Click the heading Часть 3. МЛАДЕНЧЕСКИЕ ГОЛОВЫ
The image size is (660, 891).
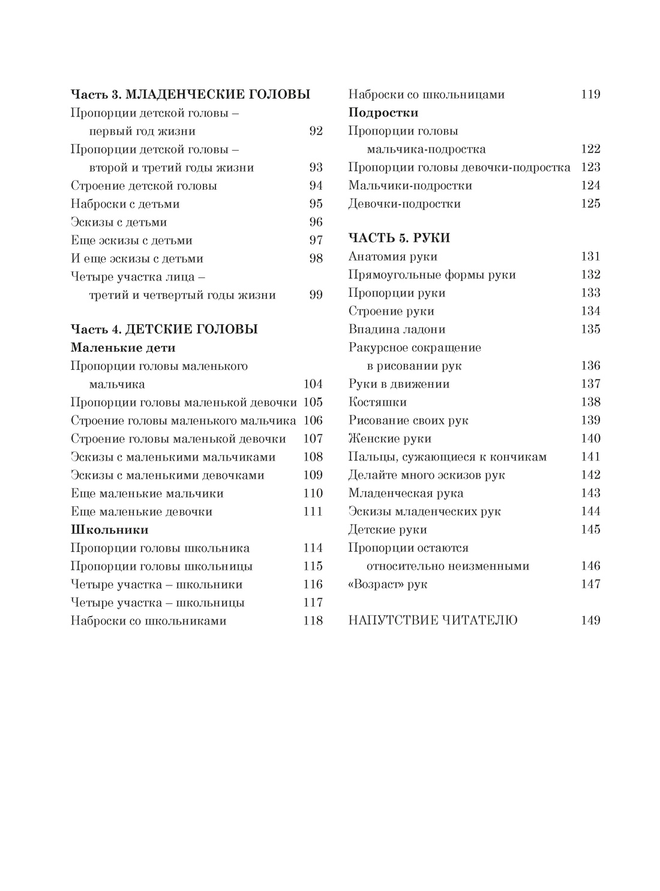click(190, 94)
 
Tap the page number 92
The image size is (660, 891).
click(316, 131)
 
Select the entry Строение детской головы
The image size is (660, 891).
click(143, 186)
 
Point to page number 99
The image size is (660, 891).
click(316, 295)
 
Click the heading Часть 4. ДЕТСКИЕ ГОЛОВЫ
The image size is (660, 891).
click(164, 329)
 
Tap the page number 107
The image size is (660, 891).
click(313, 439)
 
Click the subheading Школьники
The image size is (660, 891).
click(110, 530)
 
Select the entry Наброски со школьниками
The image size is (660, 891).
click(148, 621)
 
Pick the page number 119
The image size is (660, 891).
click(590, 94)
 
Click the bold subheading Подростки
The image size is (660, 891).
click(383, 113)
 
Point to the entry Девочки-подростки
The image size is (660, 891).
click(404, 204)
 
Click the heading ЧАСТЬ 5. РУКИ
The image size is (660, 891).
click(399, 238)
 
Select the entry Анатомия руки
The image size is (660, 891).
click(393, 256)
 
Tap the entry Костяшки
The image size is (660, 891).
click(377, 402)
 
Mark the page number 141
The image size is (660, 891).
click(590, 457)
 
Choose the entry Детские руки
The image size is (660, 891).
click(388, 530)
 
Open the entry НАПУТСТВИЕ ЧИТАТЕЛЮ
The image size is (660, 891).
click(433, 621)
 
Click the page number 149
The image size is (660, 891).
click(590, 621)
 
